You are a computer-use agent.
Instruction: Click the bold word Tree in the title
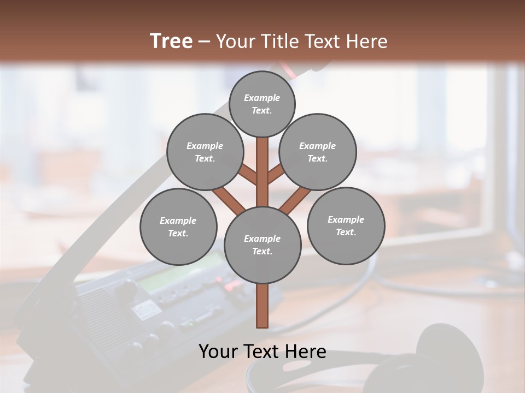pyautogui.click(x=171, y=41)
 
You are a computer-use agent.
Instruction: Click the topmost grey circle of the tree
pyautogui.click(x=262, y=104)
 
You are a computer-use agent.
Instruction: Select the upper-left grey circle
pyautogui.click(x=205, y=152)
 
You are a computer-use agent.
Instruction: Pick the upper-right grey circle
pyautogui.click(x=318, y=152)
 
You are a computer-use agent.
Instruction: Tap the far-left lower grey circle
pyautogui.click(x=178, y=227)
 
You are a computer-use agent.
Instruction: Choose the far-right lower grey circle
pyautogui.click(x=346, y=225)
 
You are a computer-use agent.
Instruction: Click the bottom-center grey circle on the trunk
pyautogui.click(x=262, y=245)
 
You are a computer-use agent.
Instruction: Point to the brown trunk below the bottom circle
pyautogui.click(x=262, y=306)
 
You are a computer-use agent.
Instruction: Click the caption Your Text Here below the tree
pyautogui.click(x=262, y=352)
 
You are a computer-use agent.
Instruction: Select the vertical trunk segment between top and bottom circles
pyautogui.click(x=262, y=172)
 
